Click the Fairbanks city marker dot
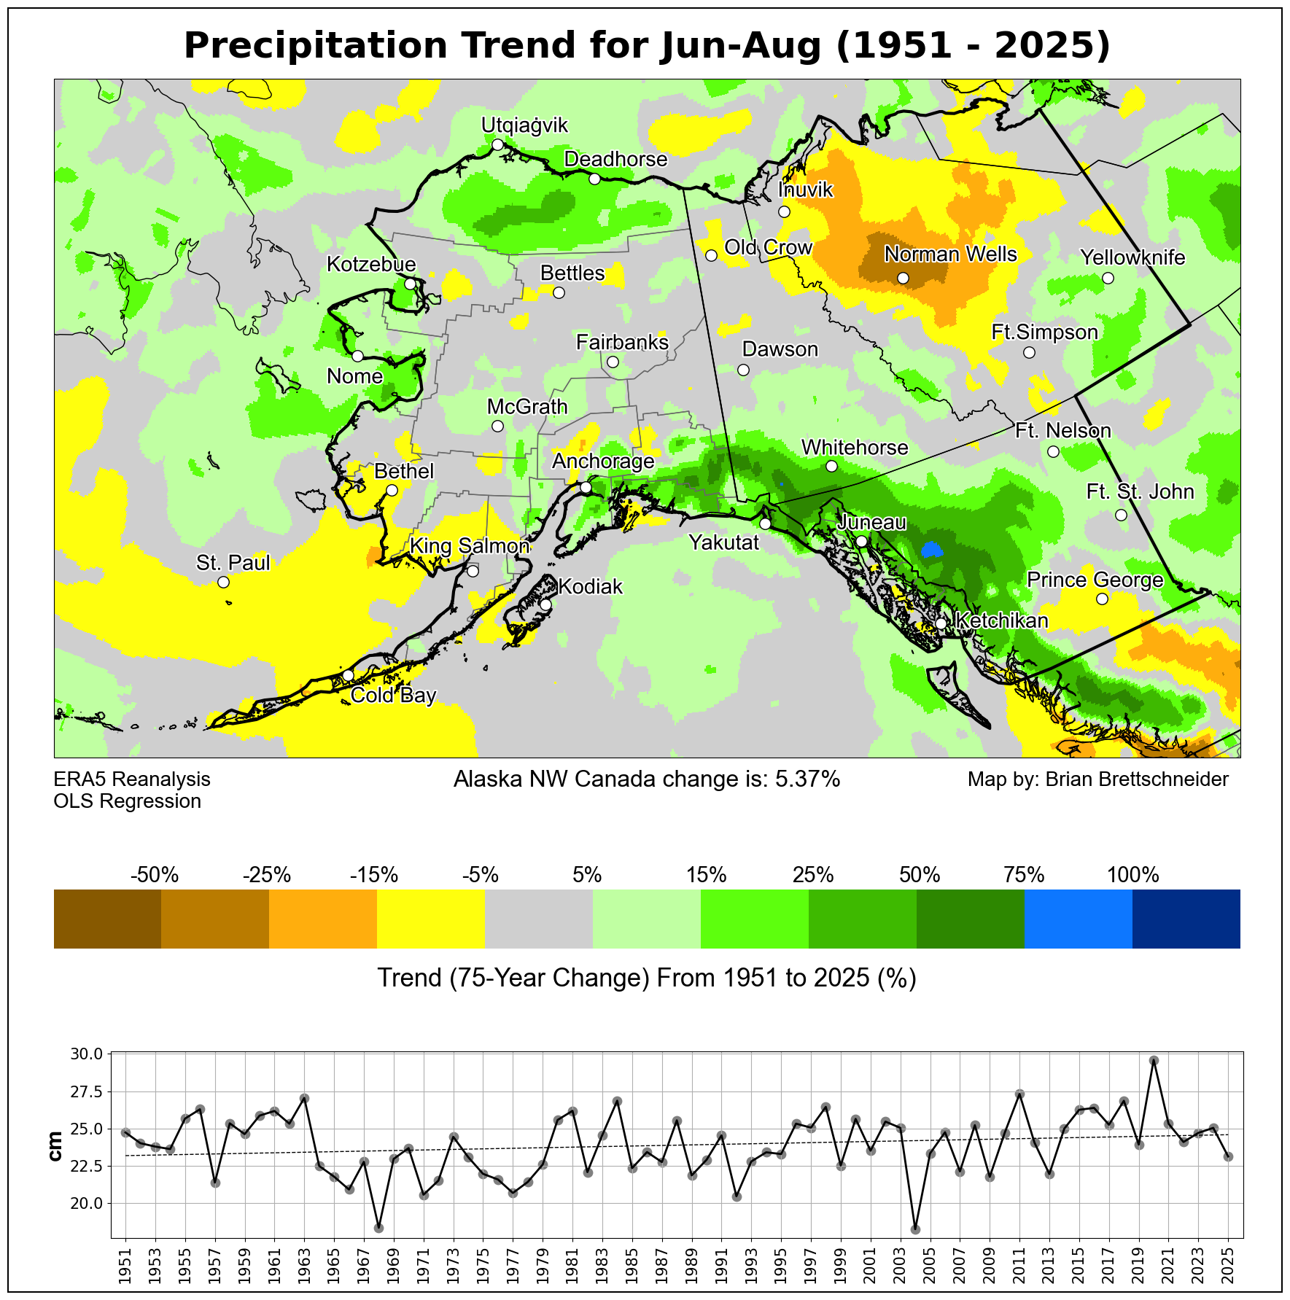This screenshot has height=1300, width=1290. [x=613, y=362]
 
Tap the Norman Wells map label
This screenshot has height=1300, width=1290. [x=950, y=254]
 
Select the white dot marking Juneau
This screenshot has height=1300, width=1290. [x=861, y=541]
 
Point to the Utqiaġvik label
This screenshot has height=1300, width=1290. [x=524, y=125]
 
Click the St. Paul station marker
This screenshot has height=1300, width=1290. [x=223, y=582]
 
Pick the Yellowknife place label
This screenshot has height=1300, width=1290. [x=1132, y=257]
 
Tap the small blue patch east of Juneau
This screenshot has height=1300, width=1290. [x=930, y=549]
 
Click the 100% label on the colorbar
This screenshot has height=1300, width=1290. [x=1132, y=874]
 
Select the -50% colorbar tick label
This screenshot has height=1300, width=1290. [x=155, y=874]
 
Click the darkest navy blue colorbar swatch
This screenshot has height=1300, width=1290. [x=1186, y=919]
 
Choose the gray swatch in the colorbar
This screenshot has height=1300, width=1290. [x=539, y=919]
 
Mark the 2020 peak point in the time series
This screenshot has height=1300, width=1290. [x=1154, y=1061]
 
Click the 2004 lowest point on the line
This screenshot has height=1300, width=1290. [x=915, y=1230]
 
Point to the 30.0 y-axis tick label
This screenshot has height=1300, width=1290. [x=88, y=1054]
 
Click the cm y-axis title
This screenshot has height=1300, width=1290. [x=55, y=1147]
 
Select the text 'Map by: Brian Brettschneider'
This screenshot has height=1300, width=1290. [x=1097, y=779]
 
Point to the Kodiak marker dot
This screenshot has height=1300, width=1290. [x=545, y=604]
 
